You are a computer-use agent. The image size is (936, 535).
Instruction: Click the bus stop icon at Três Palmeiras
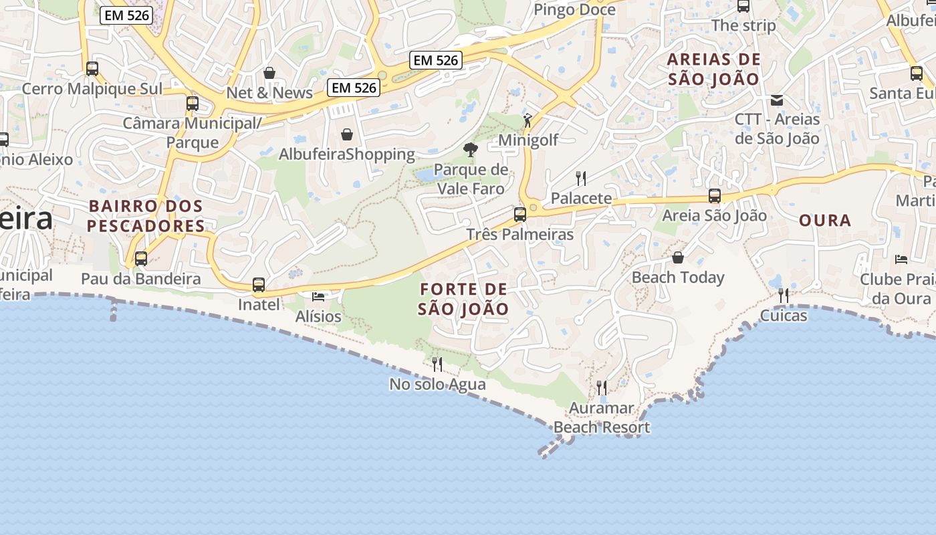[519, 215]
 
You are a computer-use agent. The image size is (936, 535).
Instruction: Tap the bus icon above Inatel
[259, 285]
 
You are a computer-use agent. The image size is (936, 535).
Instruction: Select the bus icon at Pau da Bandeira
[140, 259]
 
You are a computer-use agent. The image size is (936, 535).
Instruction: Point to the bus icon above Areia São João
[715, 196]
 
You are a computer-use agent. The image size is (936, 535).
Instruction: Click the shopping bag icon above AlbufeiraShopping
[346, 134]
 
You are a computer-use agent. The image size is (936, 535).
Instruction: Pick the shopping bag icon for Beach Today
[678, 257]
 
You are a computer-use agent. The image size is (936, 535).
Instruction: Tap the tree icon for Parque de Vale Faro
[471, 150]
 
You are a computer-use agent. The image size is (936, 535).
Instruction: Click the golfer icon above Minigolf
[528, 120]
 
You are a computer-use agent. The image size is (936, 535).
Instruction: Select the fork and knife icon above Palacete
[581, 178]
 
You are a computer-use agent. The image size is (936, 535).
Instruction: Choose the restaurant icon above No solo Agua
[437, 364]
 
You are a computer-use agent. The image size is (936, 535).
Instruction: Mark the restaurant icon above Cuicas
[783, 295]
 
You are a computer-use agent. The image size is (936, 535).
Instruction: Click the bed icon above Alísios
[318, 296]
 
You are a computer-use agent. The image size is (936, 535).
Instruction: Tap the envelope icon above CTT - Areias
[777, 100]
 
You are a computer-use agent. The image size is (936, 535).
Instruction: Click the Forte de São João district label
[463, 299]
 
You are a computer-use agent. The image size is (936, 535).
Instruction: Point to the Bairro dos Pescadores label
[146, 215]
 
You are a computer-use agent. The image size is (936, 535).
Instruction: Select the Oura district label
[825, 220]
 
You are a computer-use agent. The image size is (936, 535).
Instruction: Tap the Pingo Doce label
[574, 9]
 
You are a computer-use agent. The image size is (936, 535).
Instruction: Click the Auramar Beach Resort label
[602, 418]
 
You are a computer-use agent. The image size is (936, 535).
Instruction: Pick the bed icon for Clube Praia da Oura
[901, 259]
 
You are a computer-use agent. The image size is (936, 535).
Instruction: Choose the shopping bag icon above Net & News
[269, 73]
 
